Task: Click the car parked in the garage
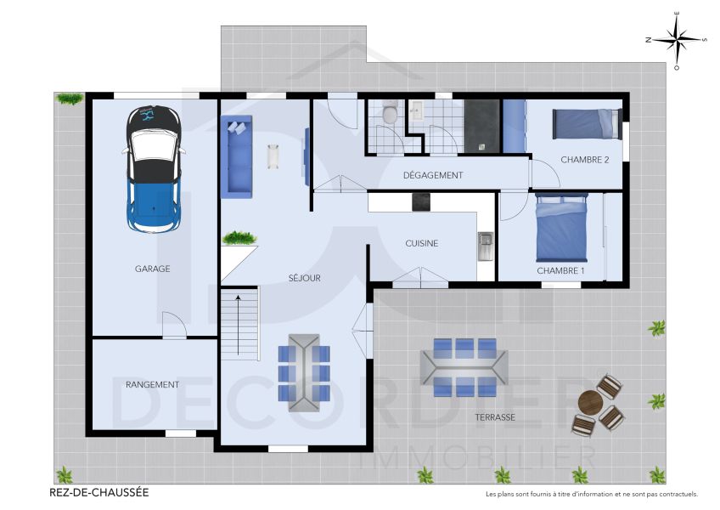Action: point(154,169)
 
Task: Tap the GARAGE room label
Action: point(152,269)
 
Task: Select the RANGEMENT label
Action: point(152,384)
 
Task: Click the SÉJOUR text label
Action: point(304,277)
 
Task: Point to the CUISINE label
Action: point(421,243)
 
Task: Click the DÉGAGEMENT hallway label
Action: point(432,175)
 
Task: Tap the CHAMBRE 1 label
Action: point(560,270)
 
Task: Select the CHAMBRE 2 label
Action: point(585,159)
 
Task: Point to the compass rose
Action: point(676,39)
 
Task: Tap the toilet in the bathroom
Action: point(389,112)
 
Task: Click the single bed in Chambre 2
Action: point(588,123)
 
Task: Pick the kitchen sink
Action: point(486,246)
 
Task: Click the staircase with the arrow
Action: point(239,323)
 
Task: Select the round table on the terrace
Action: point(590,402)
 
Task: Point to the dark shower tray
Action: point(482,126)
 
